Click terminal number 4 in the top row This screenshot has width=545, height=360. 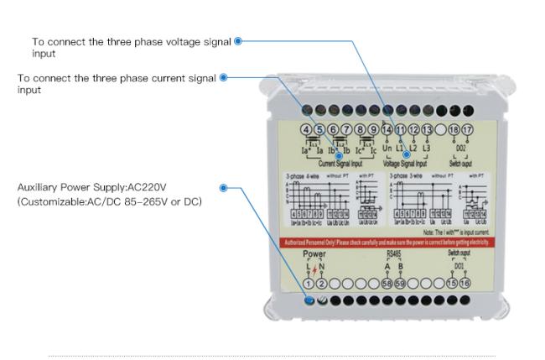coord(306,129)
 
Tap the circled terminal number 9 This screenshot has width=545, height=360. coord(373,129)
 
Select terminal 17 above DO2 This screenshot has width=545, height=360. coord(467,129)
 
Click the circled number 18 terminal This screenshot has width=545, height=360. coord(454,129)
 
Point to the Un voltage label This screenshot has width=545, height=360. coord(387,148)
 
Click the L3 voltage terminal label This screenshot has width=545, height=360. coord(427,148)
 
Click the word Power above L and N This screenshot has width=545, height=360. coord(314,253)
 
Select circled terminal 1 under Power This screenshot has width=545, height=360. coord(308,284)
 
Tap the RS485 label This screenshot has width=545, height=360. coord(393,253)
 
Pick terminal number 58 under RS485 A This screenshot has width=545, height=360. coord(387,284)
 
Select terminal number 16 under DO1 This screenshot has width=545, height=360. coord(466,284)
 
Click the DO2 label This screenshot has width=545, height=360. coord(460,148)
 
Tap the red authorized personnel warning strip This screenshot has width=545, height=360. coord(386,242)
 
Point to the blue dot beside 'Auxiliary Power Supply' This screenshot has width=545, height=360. coord(224,189)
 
